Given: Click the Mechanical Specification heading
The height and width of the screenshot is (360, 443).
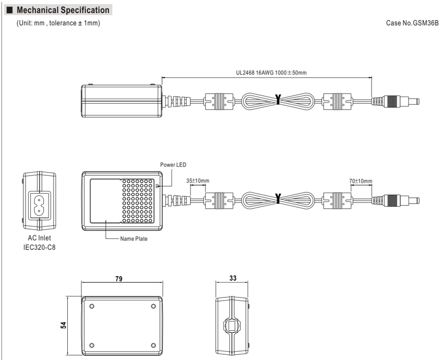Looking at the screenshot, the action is (63, 10).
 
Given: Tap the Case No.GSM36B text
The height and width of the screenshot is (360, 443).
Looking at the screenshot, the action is (412, 23).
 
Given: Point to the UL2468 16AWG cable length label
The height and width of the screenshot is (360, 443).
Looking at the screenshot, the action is (271, 73).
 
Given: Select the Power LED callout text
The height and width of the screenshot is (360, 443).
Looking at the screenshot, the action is (173, 164).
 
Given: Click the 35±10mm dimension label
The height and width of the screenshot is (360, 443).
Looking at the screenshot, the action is (198, 181).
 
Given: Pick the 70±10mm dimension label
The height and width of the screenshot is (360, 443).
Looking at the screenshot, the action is (361, 181).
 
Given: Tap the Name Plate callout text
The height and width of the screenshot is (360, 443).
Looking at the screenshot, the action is (133, 238).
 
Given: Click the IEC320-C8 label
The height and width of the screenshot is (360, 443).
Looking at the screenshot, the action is (39, 247).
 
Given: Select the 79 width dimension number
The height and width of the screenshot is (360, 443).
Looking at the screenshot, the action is (119, 279).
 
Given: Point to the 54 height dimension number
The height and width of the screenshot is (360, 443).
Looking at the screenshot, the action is (64, 325).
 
